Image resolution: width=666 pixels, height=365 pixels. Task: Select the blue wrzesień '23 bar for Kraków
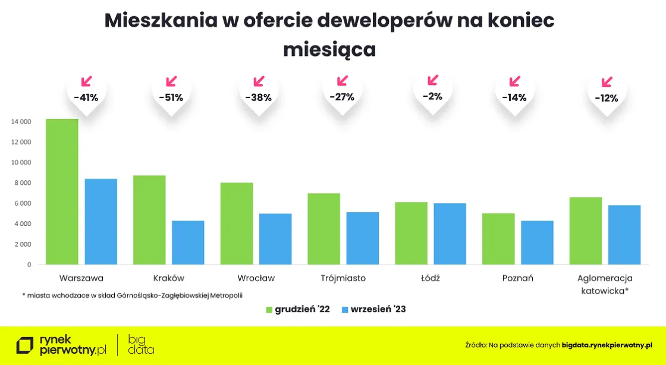click(188, 243)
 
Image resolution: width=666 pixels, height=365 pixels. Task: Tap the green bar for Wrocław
click(237, 224)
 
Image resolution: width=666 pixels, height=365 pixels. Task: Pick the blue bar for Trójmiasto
click(363, 238)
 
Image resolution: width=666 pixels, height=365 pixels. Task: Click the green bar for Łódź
click(411, 233)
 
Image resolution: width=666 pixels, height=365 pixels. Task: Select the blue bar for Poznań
click(537, 243)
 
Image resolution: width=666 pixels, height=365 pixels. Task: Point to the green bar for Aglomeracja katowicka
click(586, 231)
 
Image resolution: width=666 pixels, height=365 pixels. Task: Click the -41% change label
click(86, 97)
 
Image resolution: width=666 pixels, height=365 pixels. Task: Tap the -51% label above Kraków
click(171, 97)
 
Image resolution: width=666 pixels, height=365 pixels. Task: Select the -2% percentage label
click(432, 96)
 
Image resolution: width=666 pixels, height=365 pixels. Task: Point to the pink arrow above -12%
click(607, 82)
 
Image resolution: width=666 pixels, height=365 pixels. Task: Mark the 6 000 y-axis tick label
click(23, 203)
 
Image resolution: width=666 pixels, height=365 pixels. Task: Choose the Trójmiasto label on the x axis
click(343, 278)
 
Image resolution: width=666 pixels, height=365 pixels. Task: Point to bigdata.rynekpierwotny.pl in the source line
click(607, 345)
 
